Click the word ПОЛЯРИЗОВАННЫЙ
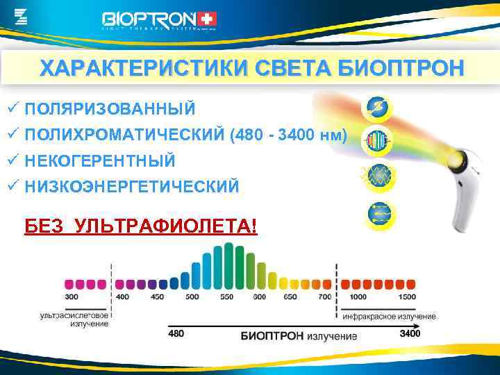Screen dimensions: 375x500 pos(110,109)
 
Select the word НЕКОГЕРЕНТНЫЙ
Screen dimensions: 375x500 pos(99,160)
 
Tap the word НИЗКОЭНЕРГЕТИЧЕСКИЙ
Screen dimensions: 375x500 pos(131,186)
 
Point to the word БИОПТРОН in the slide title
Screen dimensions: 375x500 pos(399,69)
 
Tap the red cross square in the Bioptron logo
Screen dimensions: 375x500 pos(207,19)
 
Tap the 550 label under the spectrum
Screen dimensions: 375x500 pos(226,297)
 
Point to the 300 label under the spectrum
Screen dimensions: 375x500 pos(72,297)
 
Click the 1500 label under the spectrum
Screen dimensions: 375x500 pos(408,297)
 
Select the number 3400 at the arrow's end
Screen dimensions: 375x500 pos(410,334)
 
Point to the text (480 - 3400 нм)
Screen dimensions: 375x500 pos(287,135)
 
